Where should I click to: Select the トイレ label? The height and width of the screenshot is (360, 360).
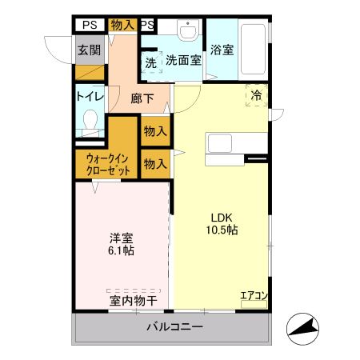[90, 97]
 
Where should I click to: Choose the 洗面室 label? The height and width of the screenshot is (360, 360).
[183, 60]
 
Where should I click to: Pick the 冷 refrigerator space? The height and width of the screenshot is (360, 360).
[257, 94]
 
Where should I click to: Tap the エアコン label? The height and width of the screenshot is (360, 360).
[254, 296]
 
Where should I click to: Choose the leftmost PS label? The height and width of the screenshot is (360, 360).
[88, 24]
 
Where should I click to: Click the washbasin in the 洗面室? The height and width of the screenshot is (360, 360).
[189, 32]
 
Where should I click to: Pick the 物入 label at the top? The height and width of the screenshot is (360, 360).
[122, 24]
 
